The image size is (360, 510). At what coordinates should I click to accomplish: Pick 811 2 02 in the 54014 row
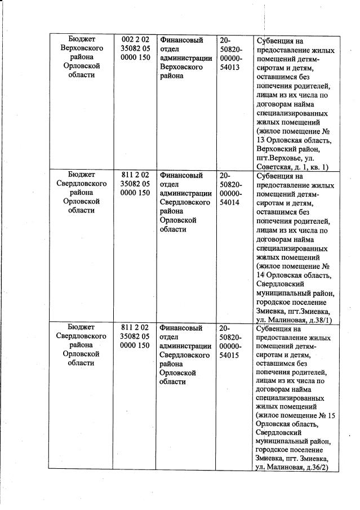click(x=135, y=175)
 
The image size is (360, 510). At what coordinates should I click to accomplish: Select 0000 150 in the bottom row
click(x=135, y=346)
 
